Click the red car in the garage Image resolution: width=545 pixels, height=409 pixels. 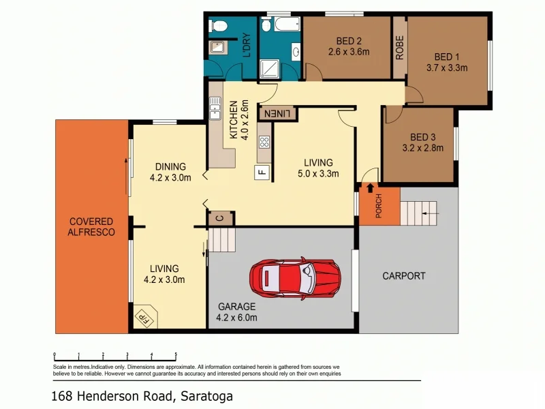coord(294,277)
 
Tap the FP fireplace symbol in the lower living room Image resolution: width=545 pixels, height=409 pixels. coord(144,317)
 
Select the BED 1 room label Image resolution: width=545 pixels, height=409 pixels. coord(447,57)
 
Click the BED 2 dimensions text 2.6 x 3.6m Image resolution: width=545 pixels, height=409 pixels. coord(348,51)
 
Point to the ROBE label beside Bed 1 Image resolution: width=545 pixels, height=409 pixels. coord(400,48)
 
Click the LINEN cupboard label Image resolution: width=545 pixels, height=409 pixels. coord(277,113)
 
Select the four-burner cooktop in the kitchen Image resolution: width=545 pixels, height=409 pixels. coord(264,143)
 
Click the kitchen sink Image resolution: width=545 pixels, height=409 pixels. coord(216,108)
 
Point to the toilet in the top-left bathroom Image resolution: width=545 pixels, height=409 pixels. coord(219,27)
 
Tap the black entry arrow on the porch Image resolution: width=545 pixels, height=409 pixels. coord(370,187)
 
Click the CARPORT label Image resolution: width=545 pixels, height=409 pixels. coord(403,276)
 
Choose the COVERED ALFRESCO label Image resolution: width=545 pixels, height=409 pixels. coord(91,226)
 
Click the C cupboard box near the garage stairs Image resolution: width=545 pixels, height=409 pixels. coord(219,218)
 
